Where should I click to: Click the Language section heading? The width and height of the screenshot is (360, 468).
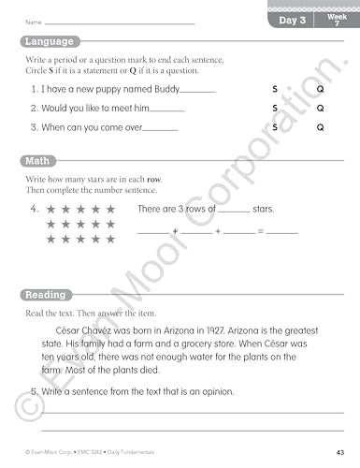point(50,42)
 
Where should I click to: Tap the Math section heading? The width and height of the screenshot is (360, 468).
point(39,161)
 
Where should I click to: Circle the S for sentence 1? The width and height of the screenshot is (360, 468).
point(275,89)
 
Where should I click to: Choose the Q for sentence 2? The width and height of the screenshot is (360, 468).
point(320,108)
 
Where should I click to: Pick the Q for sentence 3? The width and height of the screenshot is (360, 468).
point(320,127)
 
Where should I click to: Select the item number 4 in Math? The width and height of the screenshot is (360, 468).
point(34,209)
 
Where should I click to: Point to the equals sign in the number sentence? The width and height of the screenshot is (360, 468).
point(261,230)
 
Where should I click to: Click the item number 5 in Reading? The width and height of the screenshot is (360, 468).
point(34,391)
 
